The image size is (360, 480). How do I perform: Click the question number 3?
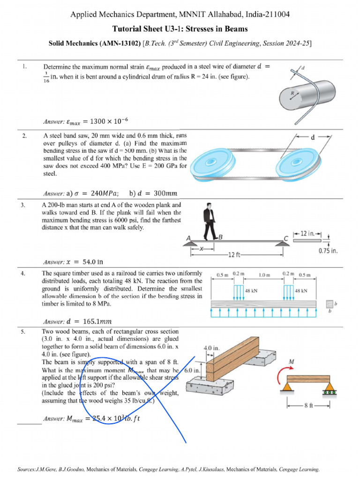23,205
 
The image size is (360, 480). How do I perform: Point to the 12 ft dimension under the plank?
234,255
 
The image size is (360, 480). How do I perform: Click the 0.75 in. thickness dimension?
328,251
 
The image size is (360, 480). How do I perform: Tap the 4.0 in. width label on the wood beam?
211,348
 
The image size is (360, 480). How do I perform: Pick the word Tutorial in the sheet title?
133,29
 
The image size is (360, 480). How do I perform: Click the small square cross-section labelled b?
330,304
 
